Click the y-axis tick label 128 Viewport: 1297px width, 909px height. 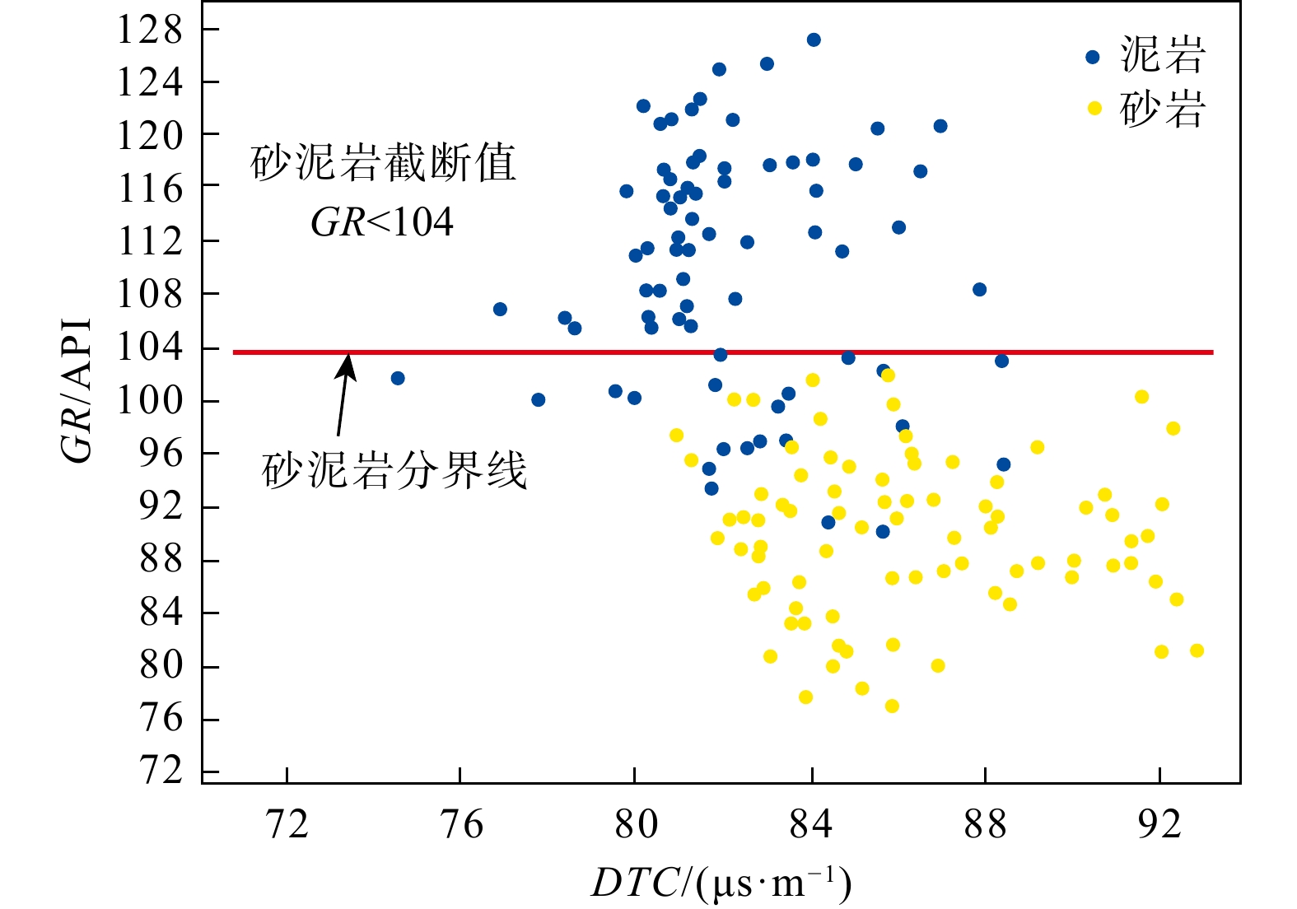coord(149,30)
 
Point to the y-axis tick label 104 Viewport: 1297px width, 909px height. coord(149,348)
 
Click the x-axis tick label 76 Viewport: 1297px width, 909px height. coord(461,823)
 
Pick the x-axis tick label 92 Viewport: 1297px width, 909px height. coord(1159,823)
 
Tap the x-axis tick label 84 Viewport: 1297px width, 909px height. coord(811,823)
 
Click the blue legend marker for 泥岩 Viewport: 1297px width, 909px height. coord(1093,57)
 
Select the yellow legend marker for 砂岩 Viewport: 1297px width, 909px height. coord(1094,108)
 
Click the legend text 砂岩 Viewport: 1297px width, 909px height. coord(1163,109)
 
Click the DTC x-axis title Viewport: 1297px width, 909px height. coord(721,883)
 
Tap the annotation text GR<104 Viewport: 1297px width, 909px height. coord(382,222)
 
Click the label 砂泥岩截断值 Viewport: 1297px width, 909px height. coord(383,163)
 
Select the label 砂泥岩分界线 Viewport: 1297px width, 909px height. coord(394,472)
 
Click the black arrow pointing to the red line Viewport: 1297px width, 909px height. coord(344,395)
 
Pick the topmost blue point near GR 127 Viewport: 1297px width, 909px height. coord(814,40)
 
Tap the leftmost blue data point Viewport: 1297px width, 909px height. coord(398,378)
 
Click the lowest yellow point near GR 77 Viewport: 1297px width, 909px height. coord(892,706)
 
